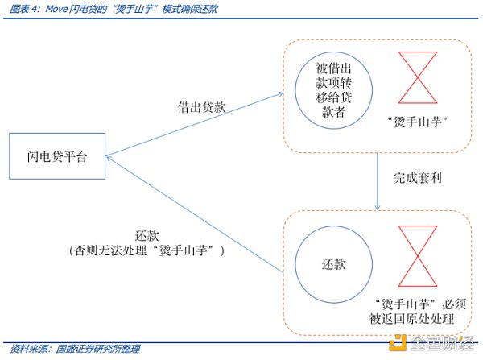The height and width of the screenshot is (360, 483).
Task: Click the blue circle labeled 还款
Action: [333, 263]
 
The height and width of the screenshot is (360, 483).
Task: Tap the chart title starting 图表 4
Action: [113, 10]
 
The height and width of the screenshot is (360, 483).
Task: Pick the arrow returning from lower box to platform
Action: [193, 213]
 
